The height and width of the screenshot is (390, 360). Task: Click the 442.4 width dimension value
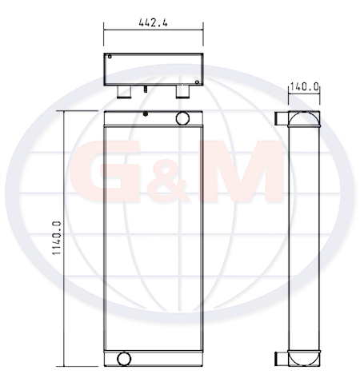click(153, 22)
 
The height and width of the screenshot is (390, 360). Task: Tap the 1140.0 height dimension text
click(57, 238)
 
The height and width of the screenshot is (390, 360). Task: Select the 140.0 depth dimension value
click(304, 86)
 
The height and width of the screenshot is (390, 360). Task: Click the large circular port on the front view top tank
click(182, 118)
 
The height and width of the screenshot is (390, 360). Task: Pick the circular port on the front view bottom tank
click(124, 359)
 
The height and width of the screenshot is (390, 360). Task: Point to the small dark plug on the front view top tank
click(146, 113)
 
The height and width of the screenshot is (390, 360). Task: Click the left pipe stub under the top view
click(124, 92)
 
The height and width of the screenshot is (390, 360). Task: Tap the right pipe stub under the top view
click(182, 92)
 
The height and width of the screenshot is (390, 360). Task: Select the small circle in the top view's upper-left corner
click(110, 57)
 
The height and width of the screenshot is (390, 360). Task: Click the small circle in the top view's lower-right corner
click(197, 82)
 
